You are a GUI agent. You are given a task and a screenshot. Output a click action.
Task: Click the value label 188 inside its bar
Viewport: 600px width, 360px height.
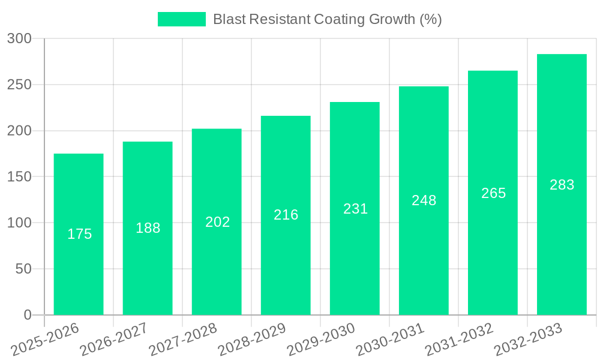pos(148,228)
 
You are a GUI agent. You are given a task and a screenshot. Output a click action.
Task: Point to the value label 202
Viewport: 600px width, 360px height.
pos(217,222)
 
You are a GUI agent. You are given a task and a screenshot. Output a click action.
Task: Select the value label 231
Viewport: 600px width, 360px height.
pos(355,209)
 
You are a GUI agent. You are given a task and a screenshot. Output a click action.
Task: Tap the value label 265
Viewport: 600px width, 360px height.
pos(493,193)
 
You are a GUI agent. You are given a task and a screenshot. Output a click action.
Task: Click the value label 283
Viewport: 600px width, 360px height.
pos(562,185)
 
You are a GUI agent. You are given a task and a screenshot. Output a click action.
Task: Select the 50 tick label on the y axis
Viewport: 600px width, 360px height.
pos(23,269)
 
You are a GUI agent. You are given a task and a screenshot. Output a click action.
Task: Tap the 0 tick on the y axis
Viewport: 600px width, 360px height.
pos(28,315)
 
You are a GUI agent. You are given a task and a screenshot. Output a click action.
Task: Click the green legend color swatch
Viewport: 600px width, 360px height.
pos(181,19)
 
